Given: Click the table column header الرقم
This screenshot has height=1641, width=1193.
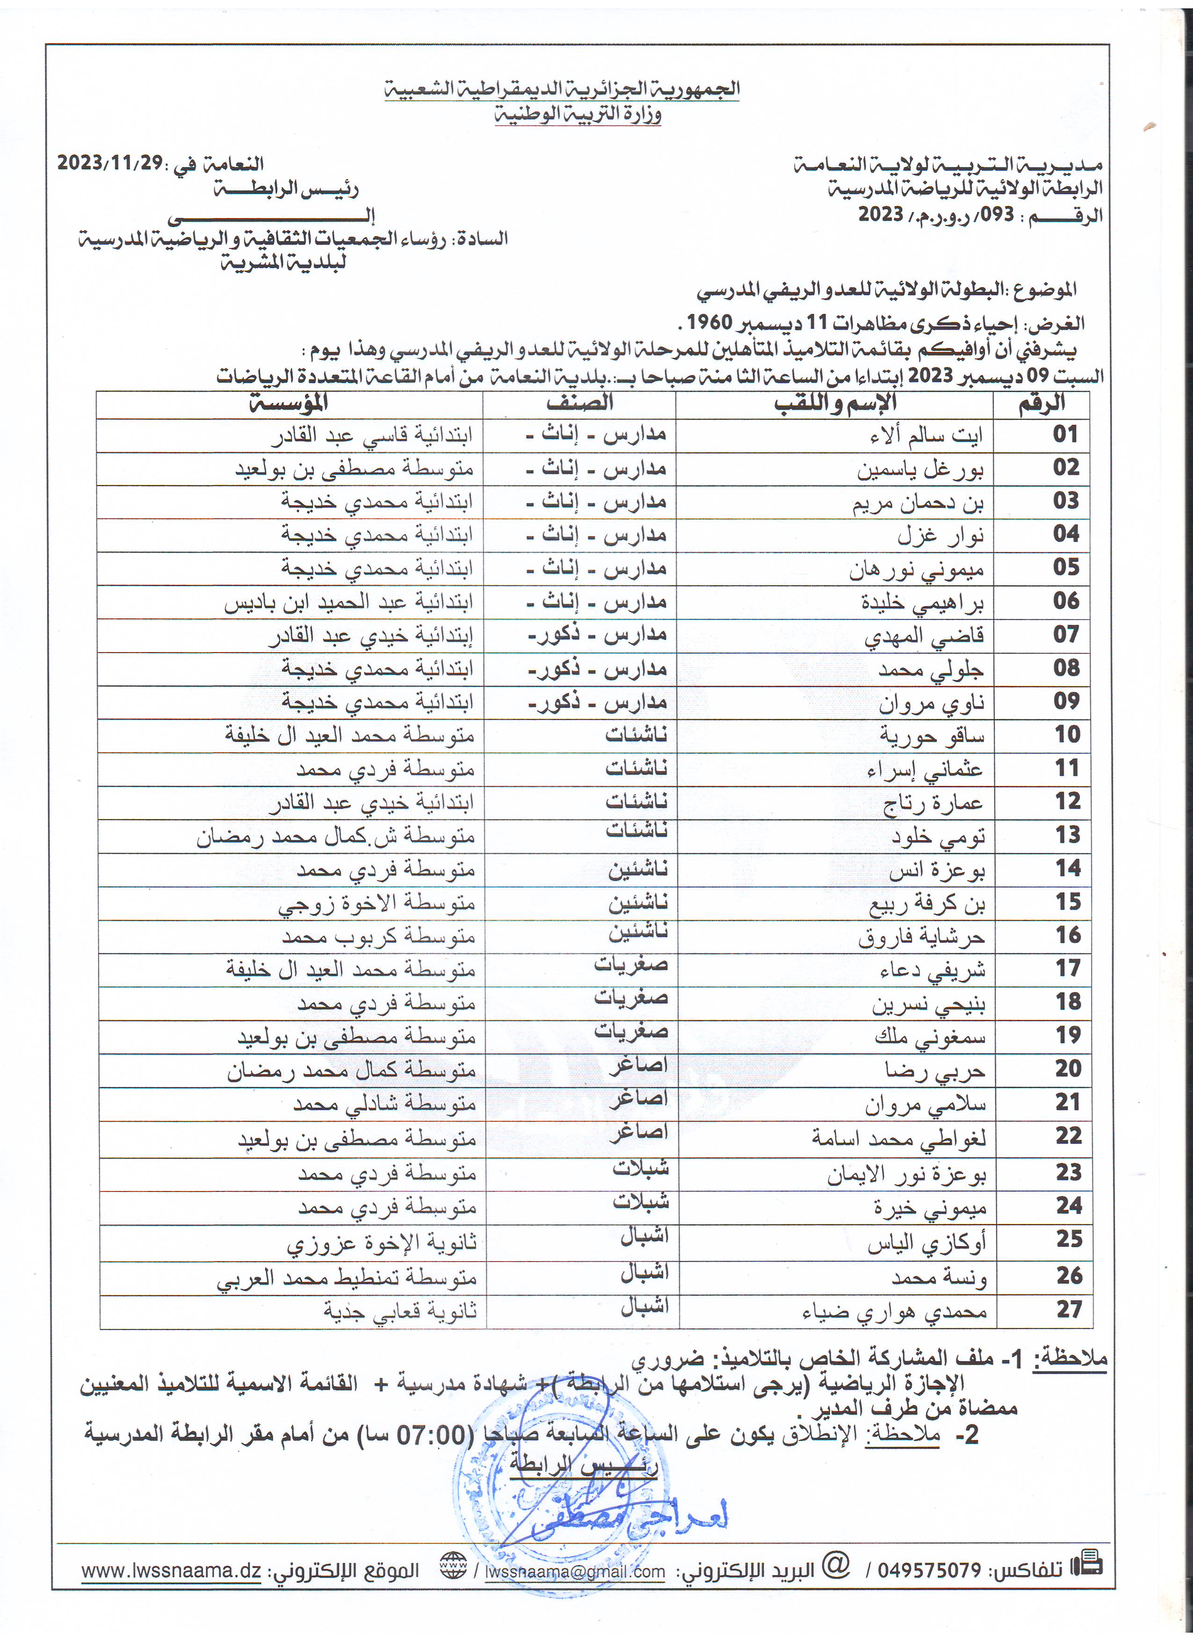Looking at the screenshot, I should tap(1042, 404).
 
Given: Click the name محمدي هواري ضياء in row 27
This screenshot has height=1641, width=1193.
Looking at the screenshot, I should tap(894, 1311).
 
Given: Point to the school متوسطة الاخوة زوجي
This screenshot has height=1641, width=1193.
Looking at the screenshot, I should tap(376, 904).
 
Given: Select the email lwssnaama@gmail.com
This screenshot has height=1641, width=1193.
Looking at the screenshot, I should tap(575, 1572).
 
